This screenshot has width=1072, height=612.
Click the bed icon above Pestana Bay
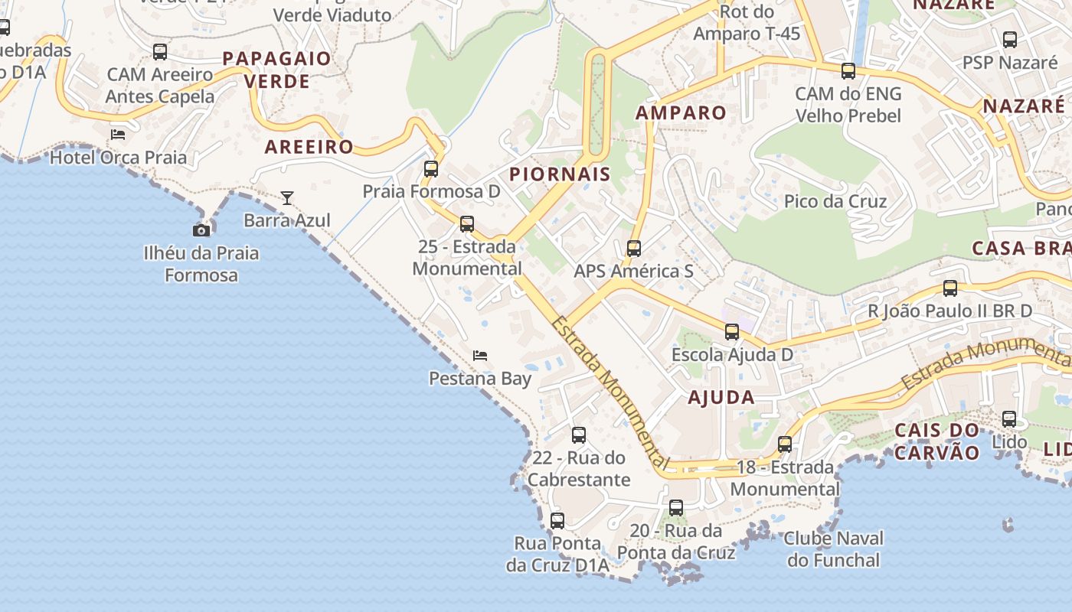click(480, 356)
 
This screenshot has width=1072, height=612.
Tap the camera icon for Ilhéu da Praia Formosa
click(201, 229)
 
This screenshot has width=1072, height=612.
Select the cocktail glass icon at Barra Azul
click(286, 198)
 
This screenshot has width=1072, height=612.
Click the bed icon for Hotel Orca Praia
click(117, 135)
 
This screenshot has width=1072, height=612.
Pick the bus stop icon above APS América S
click(633, 249)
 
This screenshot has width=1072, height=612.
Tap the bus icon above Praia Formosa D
click(431, 169)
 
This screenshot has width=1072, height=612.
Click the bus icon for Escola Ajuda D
click(732, 332)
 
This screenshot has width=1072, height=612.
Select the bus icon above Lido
click(1009, 419)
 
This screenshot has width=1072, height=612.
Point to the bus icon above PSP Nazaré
click(1010, 40)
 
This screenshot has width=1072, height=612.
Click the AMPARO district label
click(681, 113)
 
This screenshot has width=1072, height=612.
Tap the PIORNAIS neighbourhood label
click(561, 174)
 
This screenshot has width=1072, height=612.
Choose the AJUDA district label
click(721, 398)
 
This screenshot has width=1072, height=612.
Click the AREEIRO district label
click(309, 147)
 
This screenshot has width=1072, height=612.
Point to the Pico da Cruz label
click(835, 202)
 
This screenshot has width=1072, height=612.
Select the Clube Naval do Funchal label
click(833, 549)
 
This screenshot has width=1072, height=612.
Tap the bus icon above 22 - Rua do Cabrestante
click(579, 435)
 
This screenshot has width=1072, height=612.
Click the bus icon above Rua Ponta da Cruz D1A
click(557, 521)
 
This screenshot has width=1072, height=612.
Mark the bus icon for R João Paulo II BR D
click(950, 288)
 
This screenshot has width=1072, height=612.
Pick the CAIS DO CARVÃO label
click(936, 441)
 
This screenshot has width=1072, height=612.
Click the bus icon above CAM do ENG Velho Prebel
click(848, 71)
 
